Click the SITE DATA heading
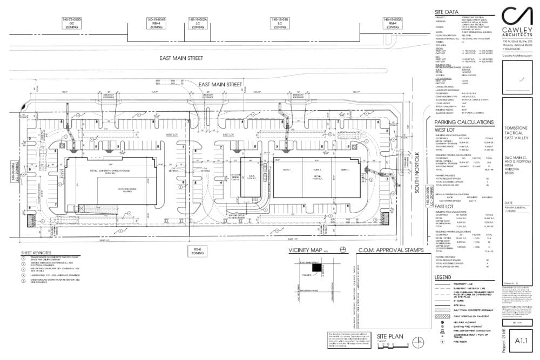(446, 11)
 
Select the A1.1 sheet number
(521, 341)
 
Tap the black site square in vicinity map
(315, 268)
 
